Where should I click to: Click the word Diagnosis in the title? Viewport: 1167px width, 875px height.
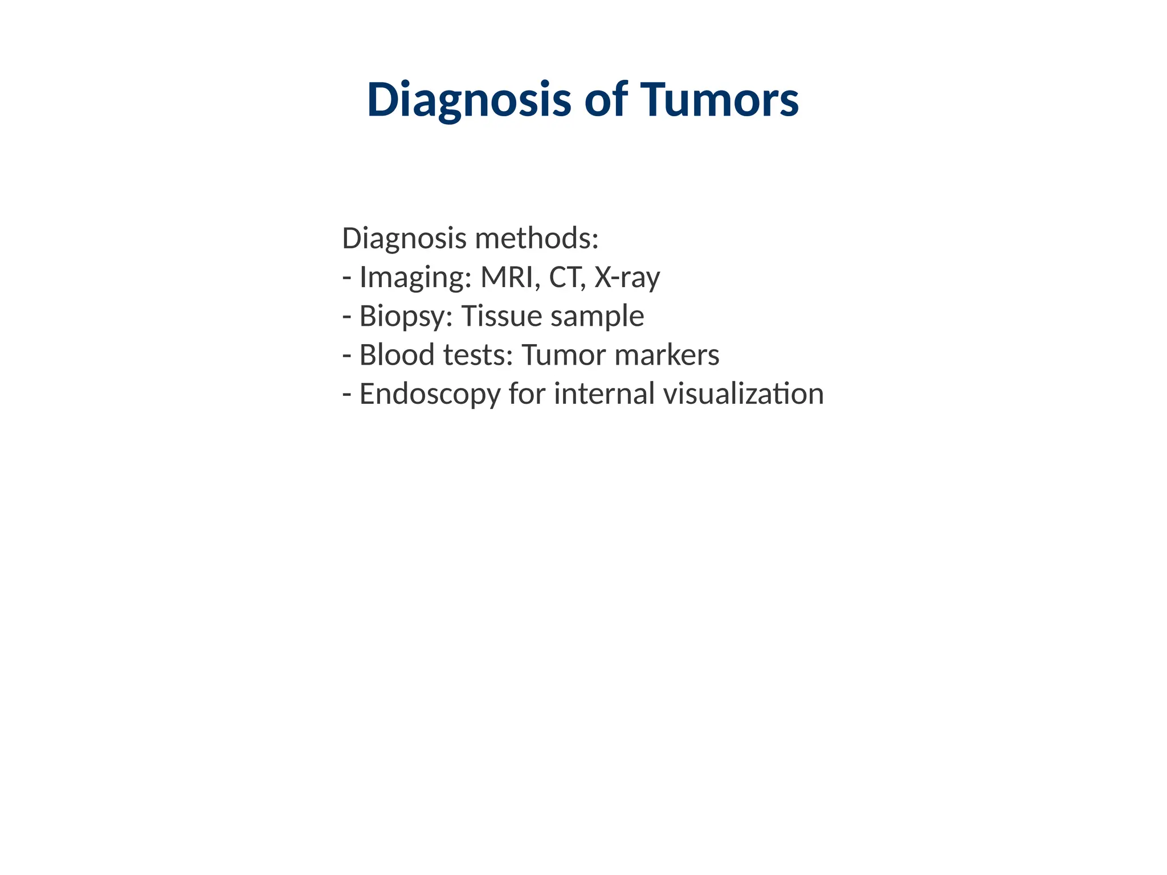pos(468,100)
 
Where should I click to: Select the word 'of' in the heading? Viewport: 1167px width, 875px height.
pos(606,100)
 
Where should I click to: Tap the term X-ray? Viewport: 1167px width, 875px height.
pos(627,278)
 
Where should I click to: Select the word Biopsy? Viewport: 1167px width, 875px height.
pos(406,317)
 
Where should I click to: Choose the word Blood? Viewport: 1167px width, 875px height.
pos(397,355)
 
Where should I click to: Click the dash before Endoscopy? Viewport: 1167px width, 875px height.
pos(346,394)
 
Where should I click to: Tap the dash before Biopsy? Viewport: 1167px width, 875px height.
pos(346,317)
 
